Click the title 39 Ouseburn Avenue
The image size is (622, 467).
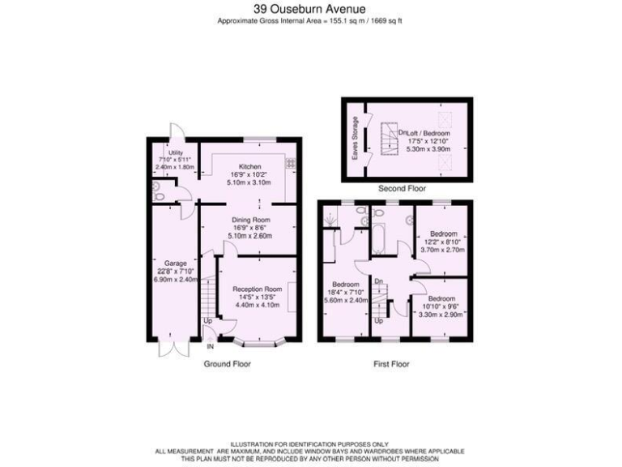click(x=311, y=9)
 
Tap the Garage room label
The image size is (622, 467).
click(x=177, y=263)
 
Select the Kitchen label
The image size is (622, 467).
click(x=249, y=167)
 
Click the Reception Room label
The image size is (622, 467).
click(x=257, y=289)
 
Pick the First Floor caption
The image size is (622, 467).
click(x=391, y=365)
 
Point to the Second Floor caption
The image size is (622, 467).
click(x=403, y=187)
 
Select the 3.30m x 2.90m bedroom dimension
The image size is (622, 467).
click(x=441, y=312)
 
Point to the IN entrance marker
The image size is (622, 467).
click(x=210, y=347)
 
